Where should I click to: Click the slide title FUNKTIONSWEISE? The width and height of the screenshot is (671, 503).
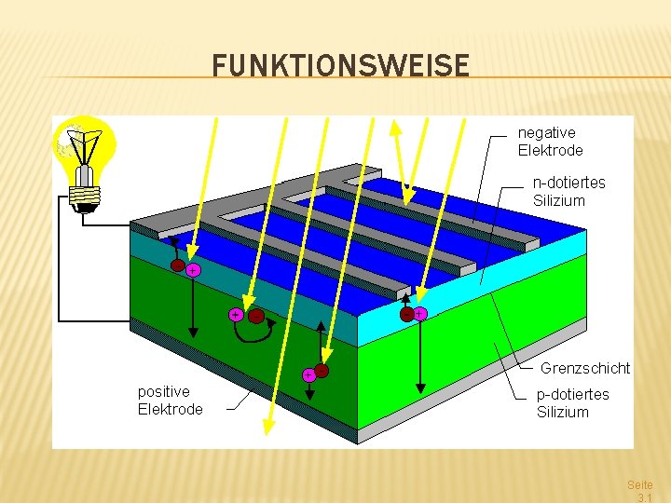[340, 66]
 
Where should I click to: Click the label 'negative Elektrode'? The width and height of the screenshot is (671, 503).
[550, 142]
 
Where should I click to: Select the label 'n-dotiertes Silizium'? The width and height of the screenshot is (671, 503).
[568, 191]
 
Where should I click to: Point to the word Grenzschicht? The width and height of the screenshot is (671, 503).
[585, 368]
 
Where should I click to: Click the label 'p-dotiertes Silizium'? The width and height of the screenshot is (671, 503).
[572, 403]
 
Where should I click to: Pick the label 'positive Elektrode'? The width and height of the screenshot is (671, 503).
[170, 400]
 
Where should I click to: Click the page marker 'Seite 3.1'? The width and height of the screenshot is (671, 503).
[640, 492]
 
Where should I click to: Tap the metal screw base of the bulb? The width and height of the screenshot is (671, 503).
[85, 194]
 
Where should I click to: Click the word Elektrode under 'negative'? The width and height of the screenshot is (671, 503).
[550, 151]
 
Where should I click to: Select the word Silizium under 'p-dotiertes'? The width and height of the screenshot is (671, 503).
[562, 413]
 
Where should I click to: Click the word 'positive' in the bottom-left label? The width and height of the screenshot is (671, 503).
[163, 391]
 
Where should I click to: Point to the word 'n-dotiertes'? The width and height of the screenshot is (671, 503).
[568, 183]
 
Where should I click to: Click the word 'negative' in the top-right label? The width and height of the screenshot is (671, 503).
[546, 133]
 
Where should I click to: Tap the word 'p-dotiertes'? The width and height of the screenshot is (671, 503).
[572, 395]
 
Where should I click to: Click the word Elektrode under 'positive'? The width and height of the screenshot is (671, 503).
[170, 409]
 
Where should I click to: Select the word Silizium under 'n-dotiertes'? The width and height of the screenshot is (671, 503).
[558, 200]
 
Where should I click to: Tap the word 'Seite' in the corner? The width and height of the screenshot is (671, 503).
[640, 485]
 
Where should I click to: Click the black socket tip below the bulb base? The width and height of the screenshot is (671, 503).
[86, 209]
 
